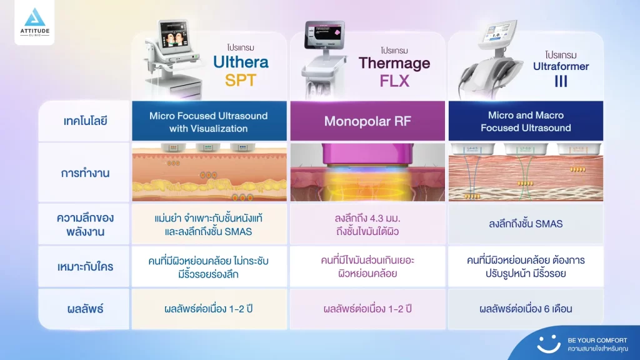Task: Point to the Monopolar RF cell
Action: coord(367,121)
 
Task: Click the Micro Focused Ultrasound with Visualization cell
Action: coord(209,122)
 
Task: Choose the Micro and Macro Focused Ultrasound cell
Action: coord(526,121)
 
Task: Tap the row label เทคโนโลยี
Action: coord(86,121)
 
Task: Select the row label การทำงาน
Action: coord(86,173)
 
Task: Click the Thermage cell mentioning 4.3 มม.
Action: coord(367,225)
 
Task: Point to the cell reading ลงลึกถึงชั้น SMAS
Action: coord(526,225)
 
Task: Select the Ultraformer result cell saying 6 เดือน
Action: coord(526,309)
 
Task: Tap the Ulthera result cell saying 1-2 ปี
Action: coord(209,309)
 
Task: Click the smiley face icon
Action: coord(549,343)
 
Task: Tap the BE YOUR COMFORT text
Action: coord(597,340)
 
